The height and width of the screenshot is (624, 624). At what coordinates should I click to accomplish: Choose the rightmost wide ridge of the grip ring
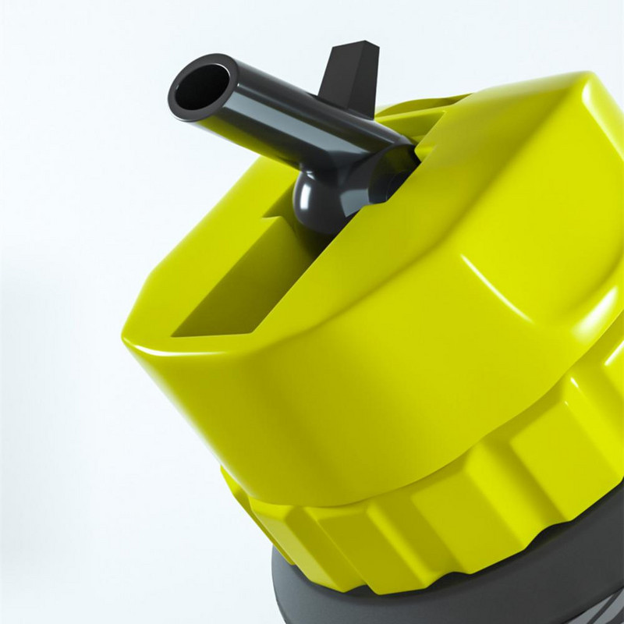tap(562, 437)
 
